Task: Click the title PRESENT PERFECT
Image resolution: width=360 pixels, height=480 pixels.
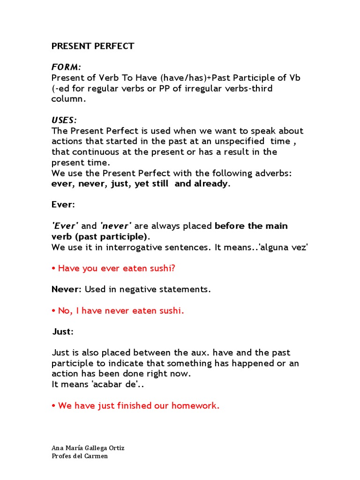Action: pyautogui.click(x=93, y=46)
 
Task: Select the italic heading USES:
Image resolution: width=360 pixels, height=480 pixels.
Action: pyautogui.click(x=64, y=120)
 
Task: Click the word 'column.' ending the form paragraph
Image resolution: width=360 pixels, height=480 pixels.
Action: pyautogui.click(x=69, y=99)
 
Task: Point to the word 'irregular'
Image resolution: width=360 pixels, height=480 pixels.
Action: pyautogui.click(x=195, y=89)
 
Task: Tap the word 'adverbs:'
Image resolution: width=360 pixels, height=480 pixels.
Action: pyautogui.click(x=274, y=173)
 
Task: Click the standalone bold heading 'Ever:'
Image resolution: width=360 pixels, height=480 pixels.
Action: pyautogui.click(x=63, y=205)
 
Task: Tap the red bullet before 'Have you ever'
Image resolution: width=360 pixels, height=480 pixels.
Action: pyautogui.click(x=53, y=269)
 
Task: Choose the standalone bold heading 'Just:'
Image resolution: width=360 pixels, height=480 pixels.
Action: pyautogui.click(x=63, y=332)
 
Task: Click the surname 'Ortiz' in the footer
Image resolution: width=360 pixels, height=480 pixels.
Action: pyautogui.click(x=115, y=448)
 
